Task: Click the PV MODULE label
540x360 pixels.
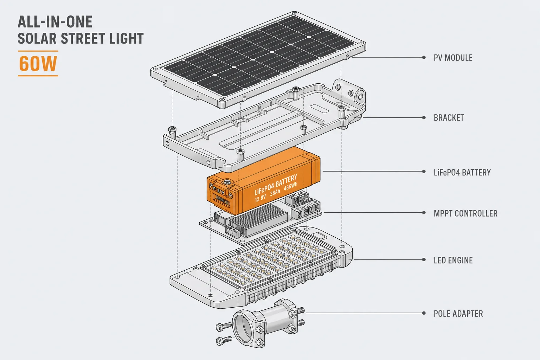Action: point(453,58)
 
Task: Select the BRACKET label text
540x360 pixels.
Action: point(449,118)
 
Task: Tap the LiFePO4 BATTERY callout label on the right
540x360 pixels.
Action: point(462,172)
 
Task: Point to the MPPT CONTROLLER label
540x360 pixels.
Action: point(465,213)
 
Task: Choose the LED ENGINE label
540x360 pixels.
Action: point(453,260)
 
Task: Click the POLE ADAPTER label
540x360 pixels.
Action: point(458,314)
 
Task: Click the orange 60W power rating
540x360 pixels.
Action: point(38,64)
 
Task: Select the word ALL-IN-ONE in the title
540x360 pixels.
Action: point(55,22)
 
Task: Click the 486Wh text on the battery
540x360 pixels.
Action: point(290,186)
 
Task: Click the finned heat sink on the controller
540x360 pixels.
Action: point(258,219)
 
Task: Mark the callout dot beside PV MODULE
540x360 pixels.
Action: point(424,57)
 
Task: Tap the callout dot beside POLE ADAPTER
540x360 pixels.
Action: point(424,313)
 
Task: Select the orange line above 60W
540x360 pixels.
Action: point(38,51)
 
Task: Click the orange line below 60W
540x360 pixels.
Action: point(38,76)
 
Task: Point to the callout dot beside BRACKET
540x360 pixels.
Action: point(424,118)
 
